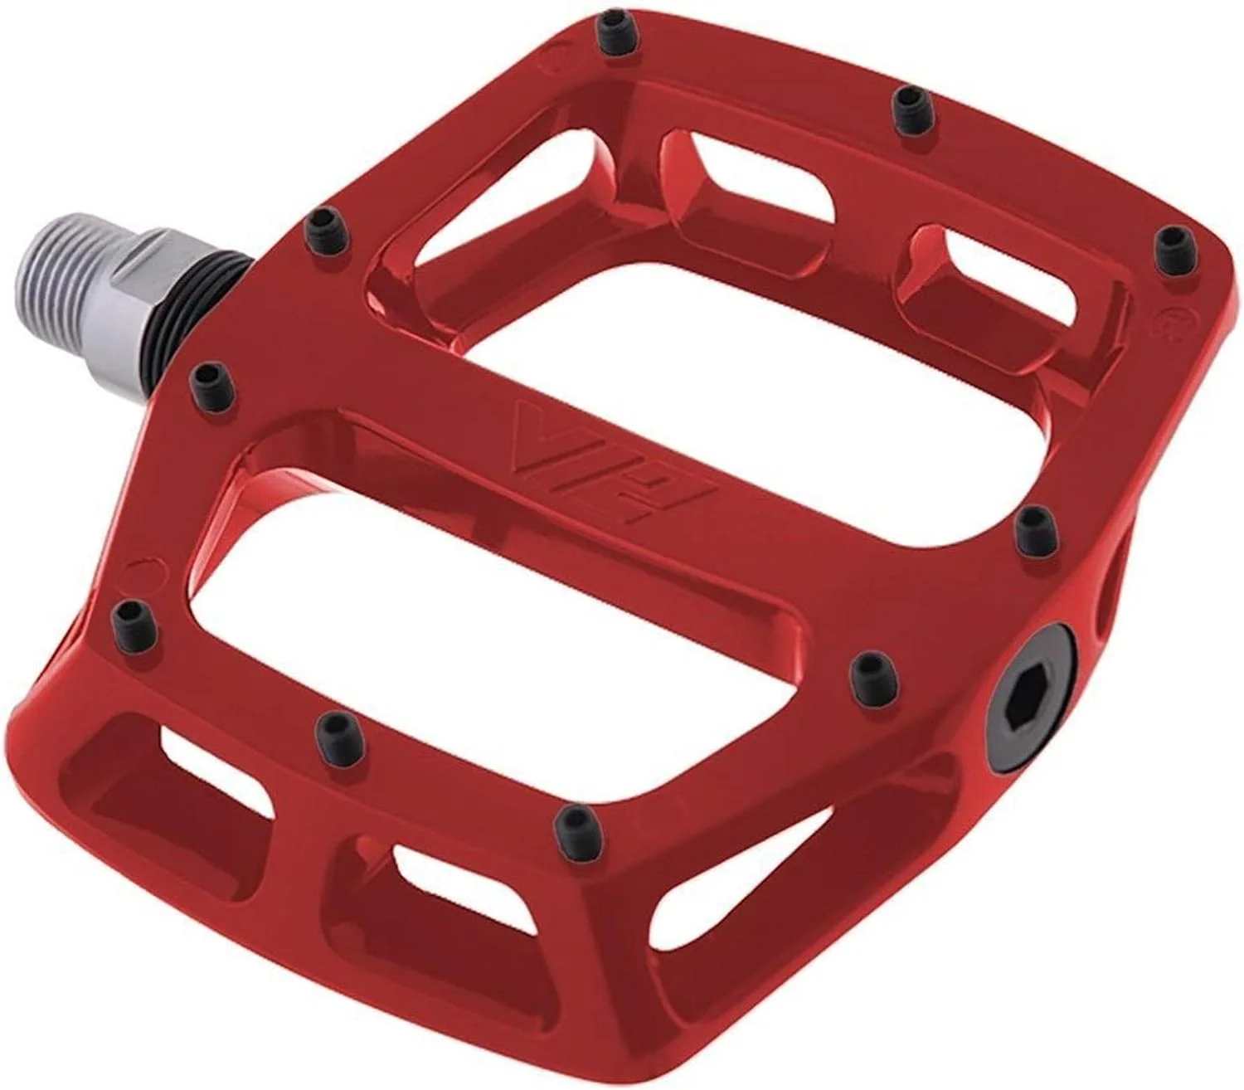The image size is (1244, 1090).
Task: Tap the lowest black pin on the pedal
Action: click(x=575, y=821)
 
